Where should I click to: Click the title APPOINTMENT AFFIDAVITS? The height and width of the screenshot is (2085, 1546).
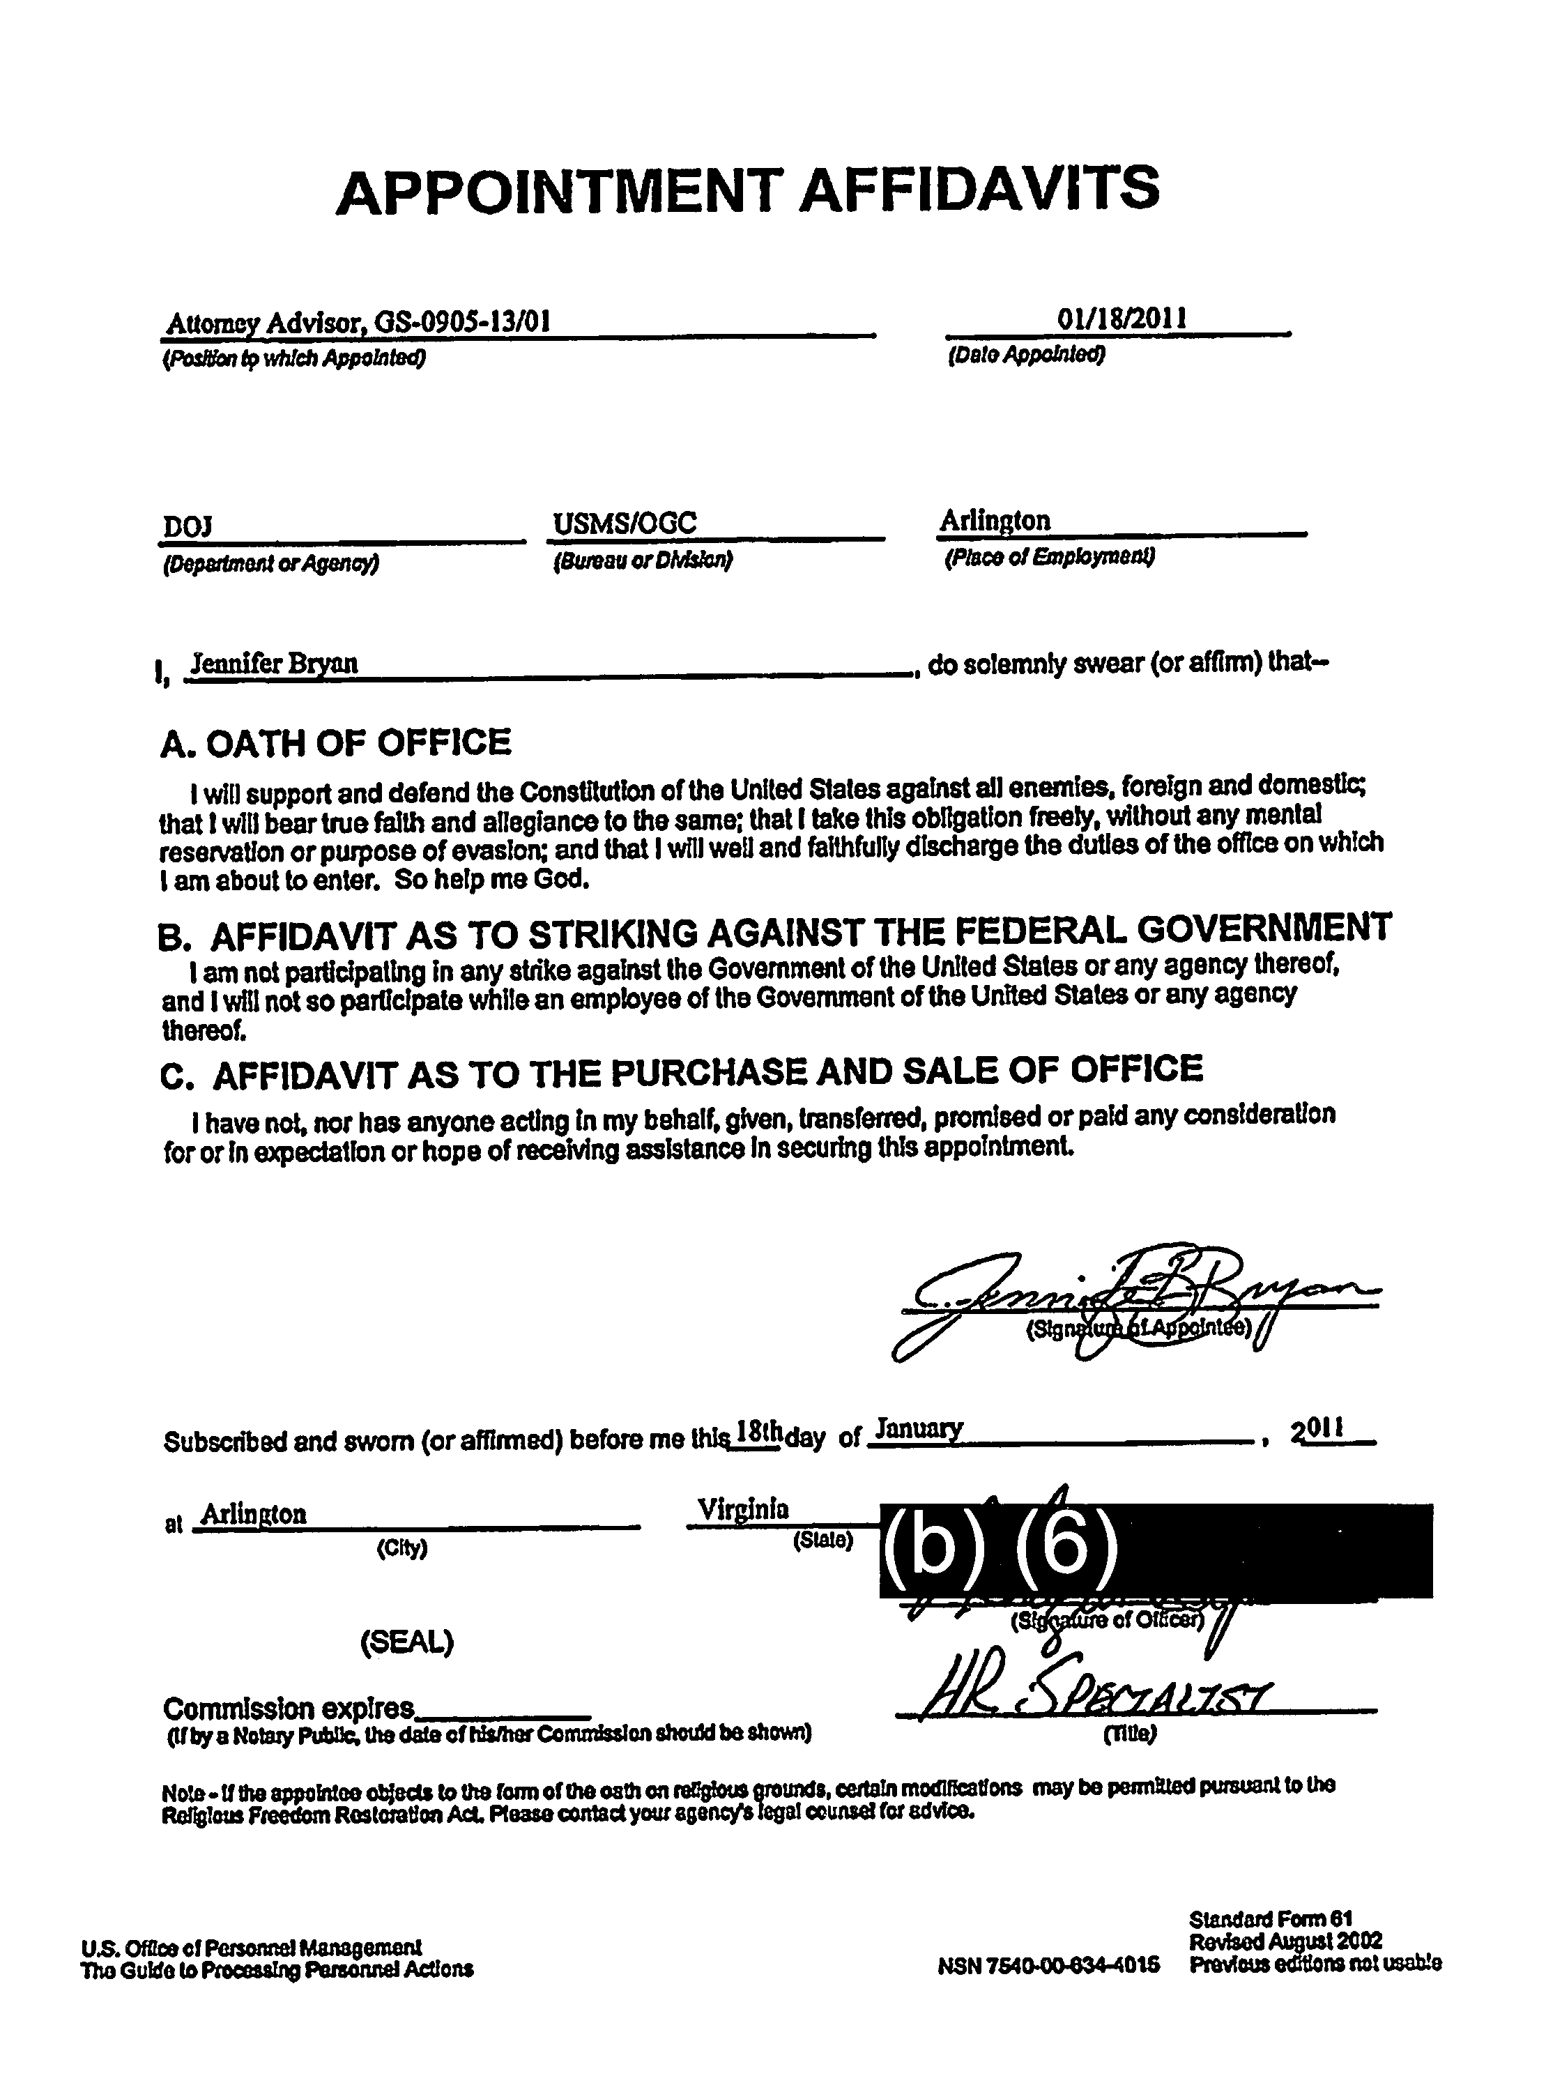(748, 189)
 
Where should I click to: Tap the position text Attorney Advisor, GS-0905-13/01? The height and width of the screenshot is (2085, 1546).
(357, 323)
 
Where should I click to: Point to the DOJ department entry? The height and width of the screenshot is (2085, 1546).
(187, 528)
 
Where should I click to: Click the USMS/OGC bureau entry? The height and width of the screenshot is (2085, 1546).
(625, 523)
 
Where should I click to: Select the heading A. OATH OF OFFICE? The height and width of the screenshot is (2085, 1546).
(336, 743)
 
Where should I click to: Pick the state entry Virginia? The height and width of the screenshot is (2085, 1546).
(743, 1509)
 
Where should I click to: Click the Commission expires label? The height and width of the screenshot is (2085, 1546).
(289, 1709)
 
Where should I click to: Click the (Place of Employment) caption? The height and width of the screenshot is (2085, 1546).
(1049, 558)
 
